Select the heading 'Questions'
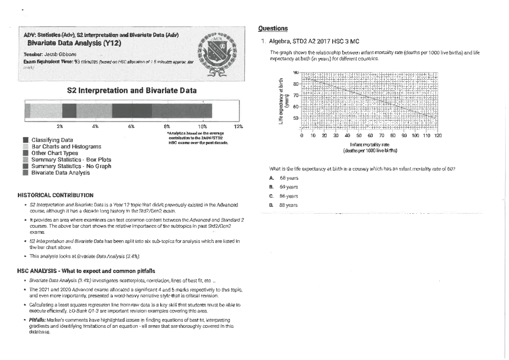click(273, 28)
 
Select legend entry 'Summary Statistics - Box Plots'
click(68, 159)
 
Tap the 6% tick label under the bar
click(131, 126)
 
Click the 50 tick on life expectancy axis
click(295, 117)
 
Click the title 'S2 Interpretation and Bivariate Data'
click(131, 91)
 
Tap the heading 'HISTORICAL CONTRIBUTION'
click(55, 195)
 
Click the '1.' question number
click(264, 42)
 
